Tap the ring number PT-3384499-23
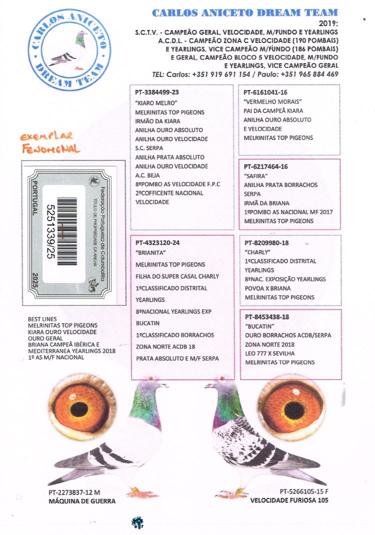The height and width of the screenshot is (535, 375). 157,92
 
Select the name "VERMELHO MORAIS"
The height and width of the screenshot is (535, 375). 268,101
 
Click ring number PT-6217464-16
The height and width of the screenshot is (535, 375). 266,166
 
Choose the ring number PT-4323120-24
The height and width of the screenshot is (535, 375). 157,243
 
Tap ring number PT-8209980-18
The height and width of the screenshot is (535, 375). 267,243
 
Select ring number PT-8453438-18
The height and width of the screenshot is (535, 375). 267,317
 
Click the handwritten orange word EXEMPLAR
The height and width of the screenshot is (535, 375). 46,136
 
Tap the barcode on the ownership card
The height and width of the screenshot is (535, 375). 67,231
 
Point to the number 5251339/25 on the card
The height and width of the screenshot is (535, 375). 50,231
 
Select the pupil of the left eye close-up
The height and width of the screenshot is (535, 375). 79,409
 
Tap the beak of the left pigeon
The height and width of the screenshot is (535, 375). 164,385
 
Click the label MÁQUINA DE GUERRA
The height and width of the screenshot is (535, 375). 82,501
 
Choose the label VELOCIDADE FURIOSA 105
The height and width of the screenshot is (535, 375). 289,500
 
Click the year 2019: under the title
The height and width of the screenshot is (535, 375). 328,23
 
